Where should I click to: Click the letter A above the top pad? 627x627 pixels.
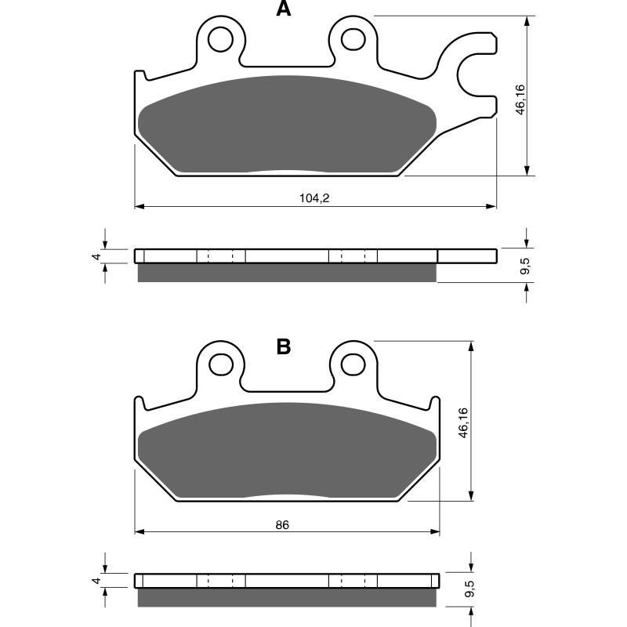tap(283, 9)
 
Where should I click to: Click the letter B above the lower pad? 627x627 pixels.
tap(283, 347)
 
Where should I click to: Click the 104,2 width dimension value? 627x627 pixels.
tap(313, 199)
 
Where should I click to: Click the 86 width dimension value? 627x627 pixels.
tap(283, 524)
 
